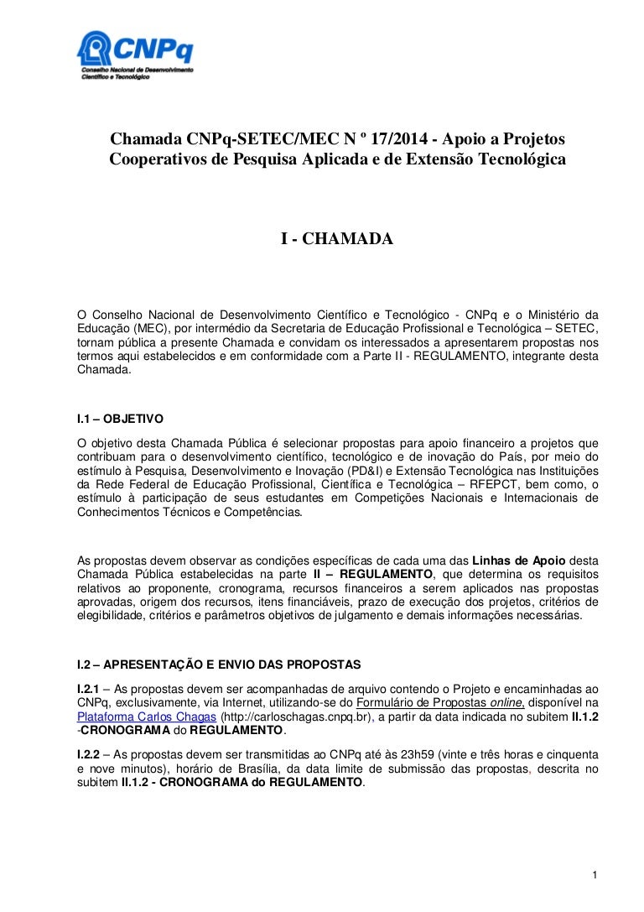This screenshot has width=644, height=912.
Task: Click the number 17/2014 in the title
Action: coord(387,138)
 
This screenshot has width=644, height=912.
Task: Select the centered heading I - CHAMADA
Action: coord(336,239)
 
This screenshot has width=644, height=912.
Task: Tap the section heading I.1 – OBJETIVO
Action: coord(120,417)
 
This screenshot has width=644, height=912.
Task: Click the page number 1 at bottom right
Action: coord(594,876)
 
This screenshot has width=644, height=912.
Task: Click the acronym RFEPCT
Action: coord(491,484)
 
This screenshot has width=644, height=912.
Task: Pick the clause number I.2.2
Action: coord(89,753)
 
